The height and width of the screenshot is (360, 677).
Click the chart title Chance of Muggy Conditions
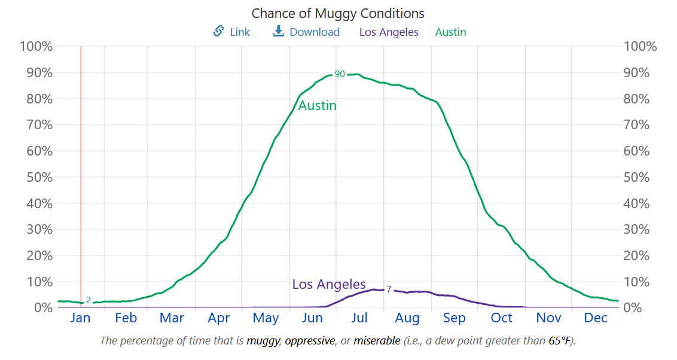click(x=338, y=13)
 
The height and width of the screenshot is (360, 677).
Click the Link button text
click(x=240, y=32)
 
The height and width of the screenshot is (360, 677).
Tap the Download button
click(x=306, y=32)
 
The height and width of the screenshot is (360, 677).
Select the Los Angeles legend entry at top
click(x=389, y=32)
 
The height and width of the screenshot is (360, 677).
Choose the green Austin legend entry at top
click(x=450, y=32)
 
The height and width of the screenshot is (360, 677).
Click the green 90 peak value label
click(x=340, y=74)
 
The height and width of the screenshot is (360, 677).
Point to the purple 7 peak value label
click(x=389, y=289)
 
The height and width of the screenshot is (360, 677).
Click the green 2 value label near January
click(x=89, y=300)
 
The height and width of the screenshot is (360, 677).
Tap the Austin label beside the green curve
click(x=318, y=106)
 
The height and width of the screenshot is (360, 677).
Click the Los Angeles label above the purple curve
click(x=329, y=284)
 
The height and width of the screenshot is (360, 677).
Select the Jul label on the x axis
click(x=359, y=318)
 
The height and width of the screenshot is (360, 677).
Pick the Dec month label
click(x=596, y=318)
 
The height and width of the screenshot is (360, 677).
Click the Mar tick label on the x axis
click(x=172, y=318)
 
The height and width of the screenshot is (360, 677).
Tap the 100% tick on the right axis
click(x=640, y=47)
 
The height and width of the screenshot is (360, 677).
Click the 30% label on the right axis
click(x=636, y=230)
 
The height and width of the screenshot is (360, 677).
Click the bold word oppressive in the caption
click(x=310, y=341)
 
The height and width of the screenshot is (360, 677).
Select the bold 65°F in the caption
click(x=559, y=341)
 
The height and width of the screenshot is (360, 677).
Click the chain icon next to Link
click(x=218, y=32)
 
